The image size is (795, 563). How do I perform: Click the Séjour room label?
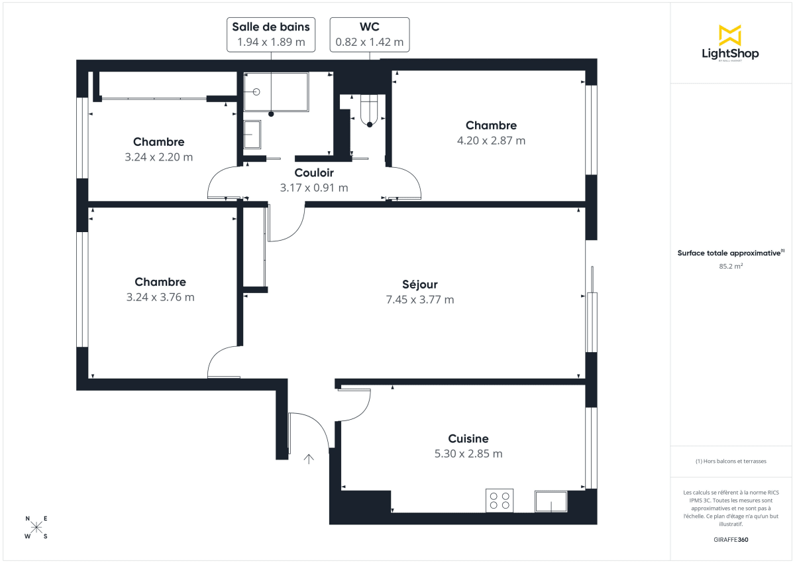point(421,284)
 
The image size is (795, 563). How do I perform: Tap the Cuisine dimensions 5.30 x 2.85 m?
point(468,454)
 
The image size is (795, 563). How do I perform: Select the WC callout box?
point(369,34)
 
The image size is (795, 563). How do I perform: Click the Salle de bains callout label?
point(271,27)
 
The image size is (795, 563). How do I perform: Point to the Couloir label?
point(313,173)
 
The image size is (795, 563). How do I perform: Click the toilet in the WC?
point(369,111)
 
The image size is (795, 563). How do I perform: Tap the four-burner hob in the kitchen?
point(499,500)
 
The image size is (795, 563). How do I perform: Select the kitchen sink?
point(551,502)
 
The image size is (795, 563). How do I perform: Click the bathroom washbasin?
point(252,136)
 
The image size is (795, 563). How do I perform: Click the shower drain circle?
point(256,92)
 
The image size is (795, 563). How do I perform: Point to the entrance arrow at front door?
point(309,458)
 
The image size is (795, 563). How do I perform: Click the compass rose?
point(36,527)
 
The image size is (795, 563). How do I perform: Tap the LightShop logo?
point(730,42)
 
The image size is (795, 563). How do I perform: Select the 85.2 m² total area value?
point(730,266)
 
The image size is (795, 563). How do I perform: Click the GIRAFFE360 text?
point(730,540)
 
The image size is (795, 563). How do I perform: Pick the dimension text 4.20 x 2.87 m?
point(491,141)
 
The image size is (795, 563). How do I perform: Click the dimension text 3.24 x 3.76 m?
point(160,297)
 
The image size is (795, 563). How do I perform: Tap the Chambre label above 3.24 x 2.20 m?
point(158,142)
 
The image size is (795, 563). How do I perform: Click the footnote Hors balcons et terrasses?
point(730,461)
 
